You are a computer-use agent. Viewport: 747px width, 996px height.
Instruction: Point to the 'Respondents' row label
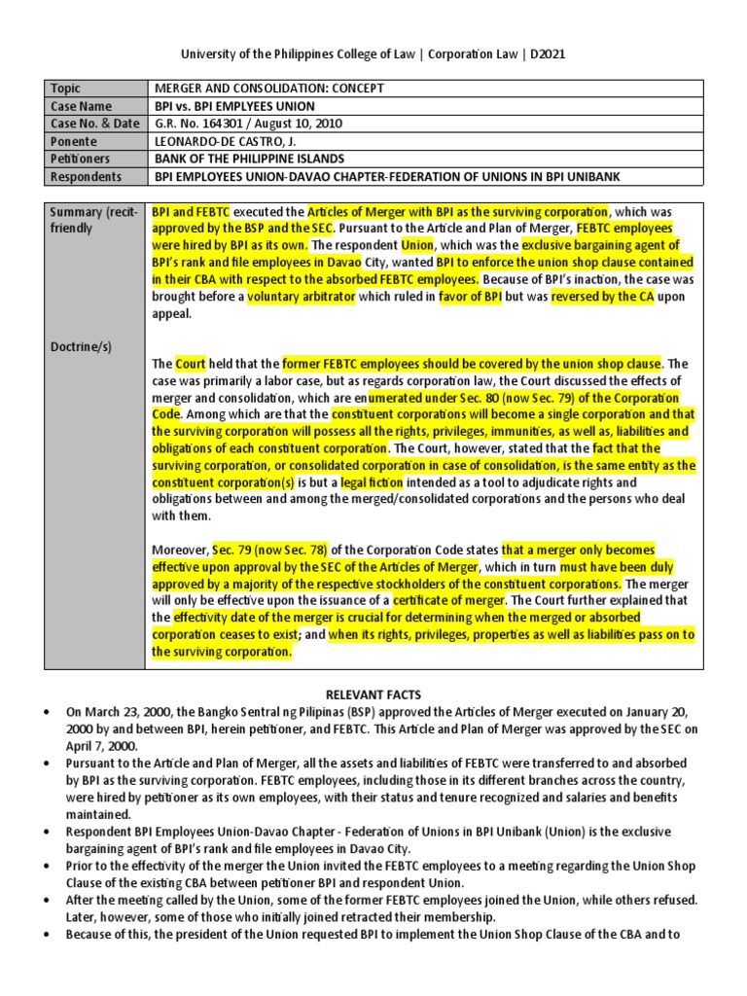click(x=87, y=177)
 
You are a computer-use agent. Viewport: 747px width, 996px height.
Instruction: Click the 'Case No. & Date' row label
click(x=94, y=124)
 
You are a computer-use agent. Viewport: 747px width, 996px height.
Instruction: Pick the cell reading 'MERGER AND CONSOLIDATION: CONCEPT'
click(x=269, y=89)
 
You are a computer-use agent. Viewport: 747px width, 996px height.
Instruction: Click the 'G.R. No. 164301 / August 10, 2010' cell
click(x=249, y=124)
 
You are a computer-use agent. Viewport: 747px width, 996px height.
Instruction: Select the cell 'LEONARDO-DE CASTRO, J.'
click(x=227, y=141)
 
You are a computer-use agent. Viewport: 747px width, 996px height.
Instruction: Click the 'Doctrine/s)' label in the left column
click(x=83, y=346)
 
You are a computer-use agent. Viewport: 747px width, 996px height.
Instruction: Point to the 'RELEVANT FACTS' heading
click(x=373, y=694)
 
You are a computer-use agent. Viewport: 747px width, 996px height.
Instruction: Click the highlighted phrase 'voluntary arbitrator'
click(x=301, y=298)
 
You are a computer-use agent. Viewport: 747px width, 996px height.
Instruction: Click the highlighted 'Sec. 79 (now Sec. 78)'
click(x=259, y=550)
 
